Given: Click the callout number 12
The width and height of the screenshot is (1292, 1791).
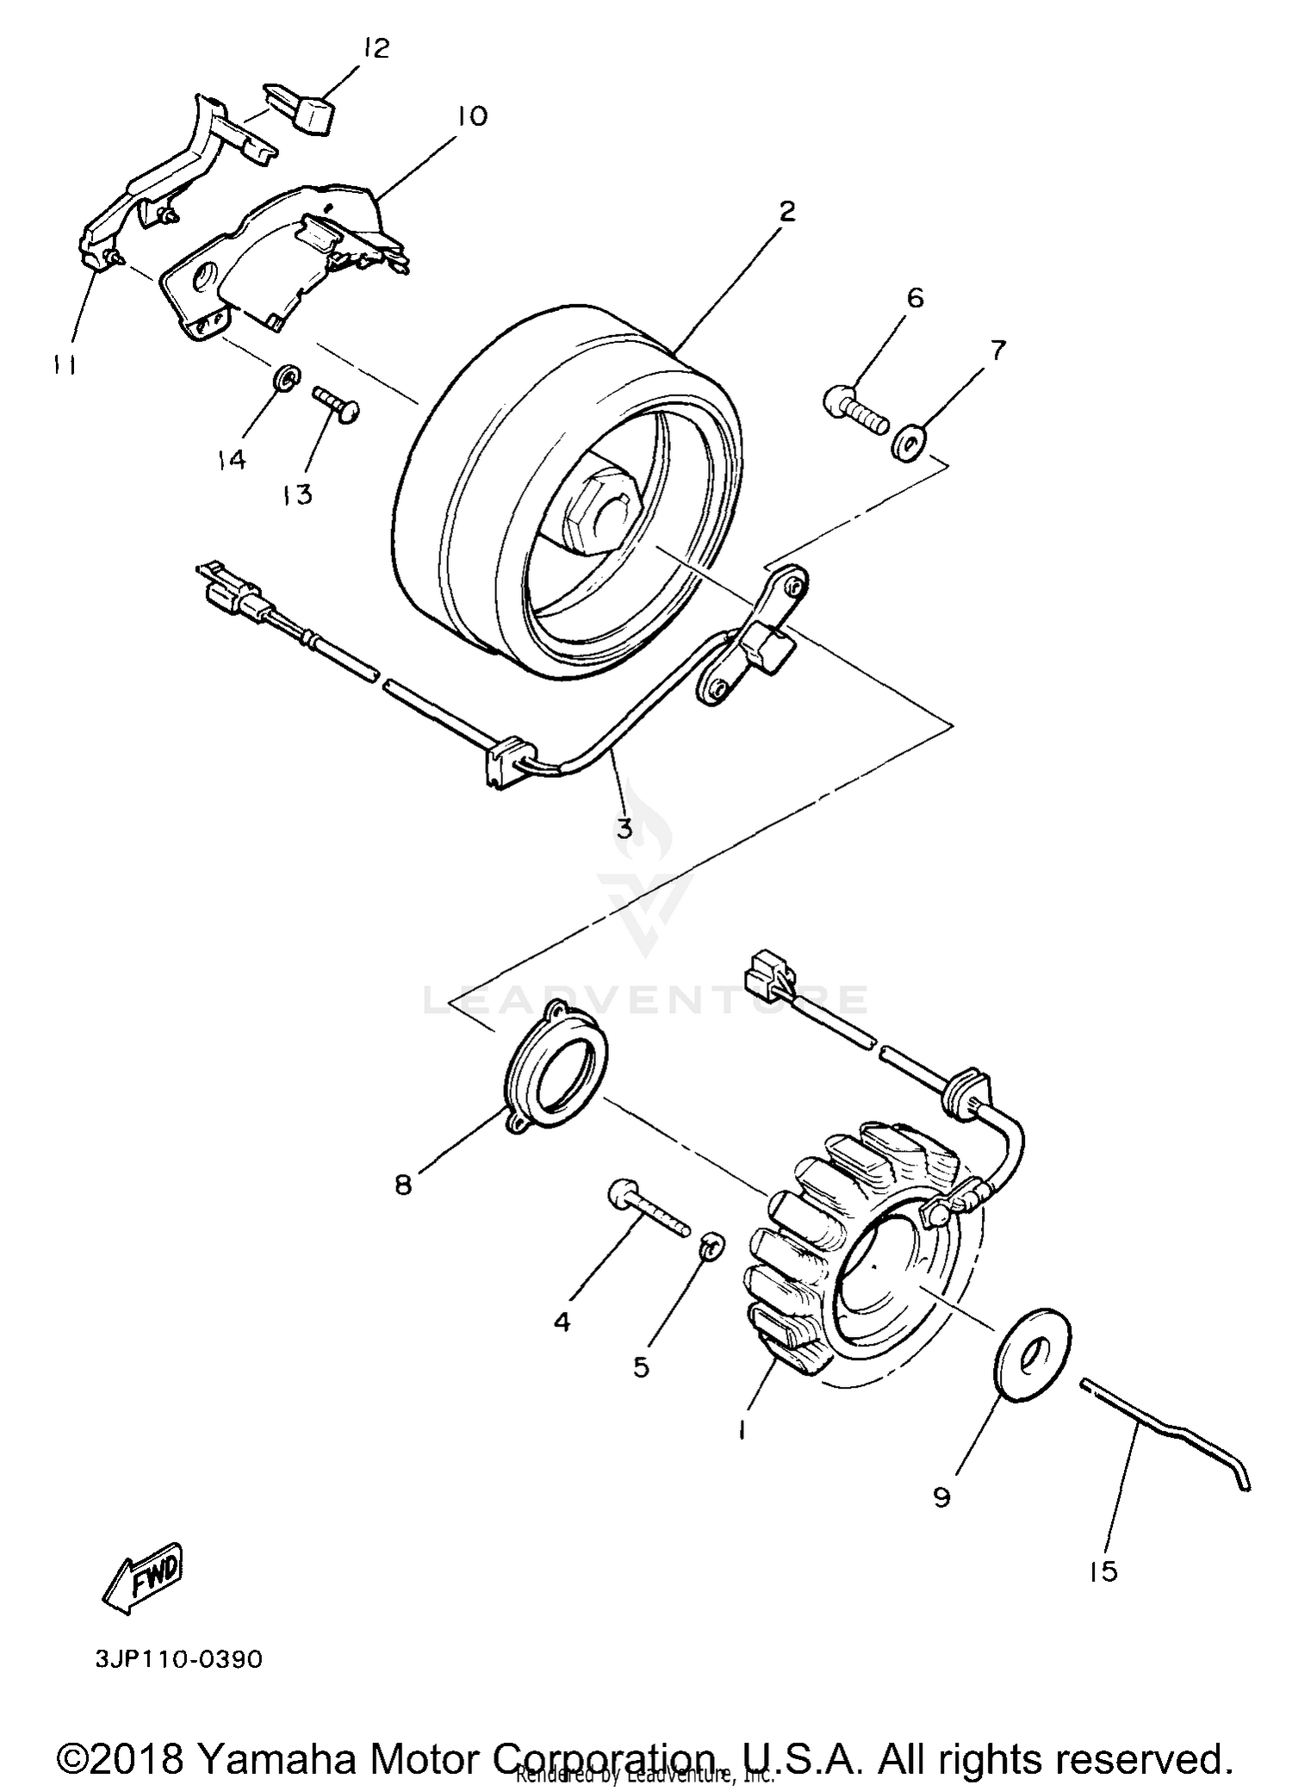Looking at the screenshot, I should coord(376,48).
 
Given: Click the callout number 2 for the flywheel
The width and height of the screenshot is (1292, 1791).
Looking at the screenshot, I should coord(786,211).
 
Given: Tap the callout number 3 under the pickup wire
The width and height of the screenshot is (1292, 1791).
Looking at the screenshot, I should coord(624,828).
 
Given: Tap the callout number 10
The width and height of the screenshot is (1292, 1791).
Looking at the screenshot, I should coord(471,116).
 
